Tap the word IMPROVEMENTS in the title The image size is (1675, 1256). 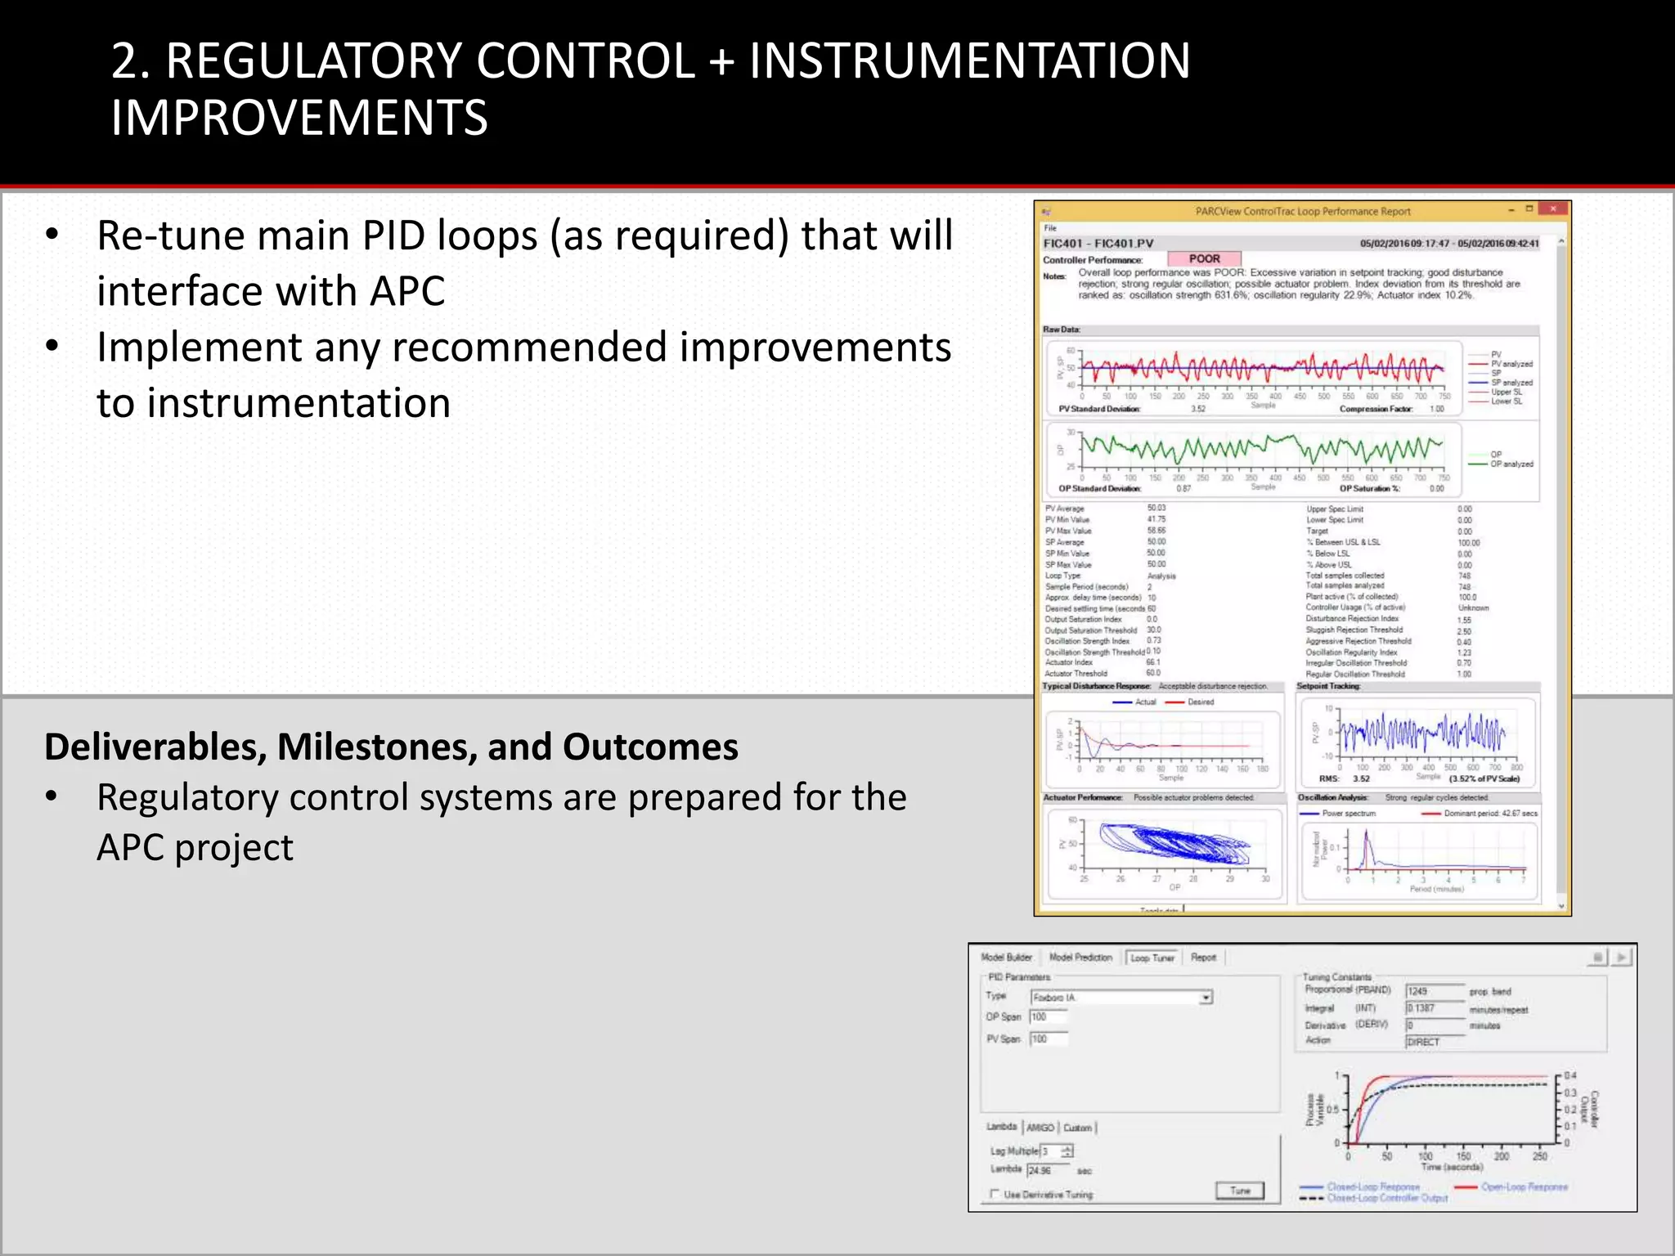coord(299,118)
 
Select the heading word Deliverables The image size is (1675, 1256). coord(155,747)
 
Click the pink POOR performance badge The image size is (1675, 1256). coord(1204,259)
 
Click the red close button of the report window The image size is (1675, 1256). coord(1552,210)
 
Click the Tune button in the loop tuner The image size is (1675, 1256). coord(1239,1191)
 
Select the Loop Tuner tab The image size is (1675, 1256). coord(1152,958)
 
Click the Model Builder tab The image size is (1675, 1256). coord(1006,958)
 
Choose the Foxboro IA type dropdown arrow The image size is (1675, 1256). coord(1206,998)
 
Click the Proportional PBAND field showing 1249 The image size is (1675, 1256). coord(1434,991)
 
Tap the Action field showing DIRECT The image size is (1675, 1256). coord(1434,1042)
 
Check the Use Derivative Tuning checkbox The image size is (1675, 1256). coord(995,1194)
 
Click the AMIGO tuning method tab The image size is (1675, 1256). coord(1040,1128)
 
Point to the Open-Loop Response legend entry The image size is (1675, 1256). coord(1524,1186)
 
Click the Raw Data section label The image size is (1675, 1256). coord(1061,330)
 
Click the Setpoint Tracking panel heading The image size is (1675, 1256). coord(1328,687)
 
